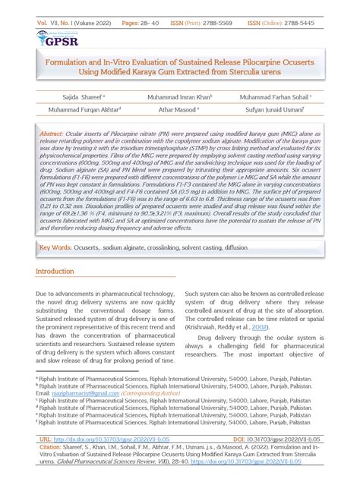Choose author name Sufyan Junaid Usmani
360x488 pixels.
click(276, 110)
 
